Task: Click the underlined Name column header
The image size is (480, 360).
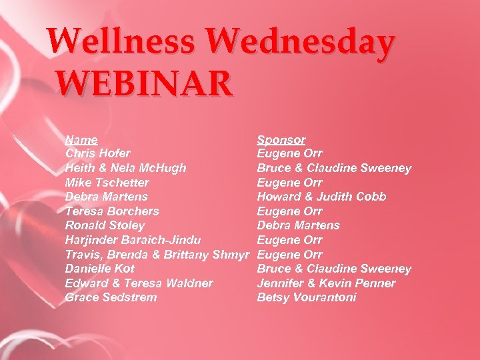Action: point(81,139)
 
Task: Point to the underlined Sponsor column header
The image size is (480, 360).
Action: point(281,139)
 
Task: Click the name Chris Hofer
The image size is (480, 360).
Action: point(98,153)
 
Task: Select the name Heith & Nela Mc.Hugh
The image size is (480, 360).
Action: point(126,168)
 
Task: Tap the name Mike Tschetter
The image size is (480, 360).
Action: point(107,182)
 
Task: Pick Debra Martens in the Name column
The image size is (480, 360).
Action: point(107,197)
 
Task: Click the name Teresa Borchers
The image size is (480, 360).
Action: point(112,211)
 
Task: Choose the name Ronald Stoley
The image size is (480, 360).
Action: point(105,225)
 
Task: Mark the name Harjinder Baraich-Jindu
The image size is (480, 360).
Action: point(133,239)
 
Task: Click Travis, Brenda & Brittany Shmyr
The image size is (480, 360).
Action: point(157,254)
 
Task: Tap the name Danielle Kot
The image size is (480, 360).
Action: point(100,268)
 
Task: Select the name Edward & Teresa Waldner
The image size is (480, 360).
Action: point(139,283)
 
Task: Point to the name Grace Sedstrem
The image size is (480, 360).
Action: point(111,297)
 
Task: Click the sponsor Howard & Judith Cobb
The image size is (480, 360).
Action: point(321,197)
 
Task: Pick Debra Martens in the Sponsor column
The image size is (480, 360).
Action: point(299,225)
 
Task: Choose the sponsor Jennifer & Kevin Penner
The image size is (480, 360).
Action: point(326,283)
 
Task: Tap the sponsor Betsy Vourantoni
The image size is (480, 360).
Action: point(307,297)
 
